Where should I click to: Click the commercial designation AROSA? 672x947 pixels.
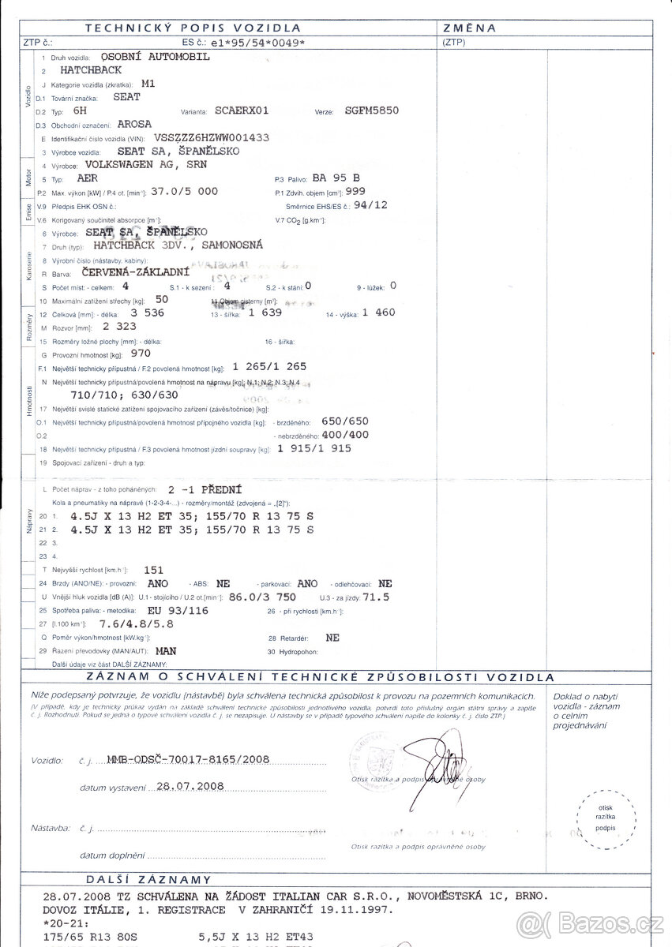(135, 124)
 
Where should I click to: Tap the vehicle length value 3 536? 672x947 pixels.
(149, 313)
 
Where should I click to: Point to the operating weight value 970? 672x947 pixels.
(140, 354)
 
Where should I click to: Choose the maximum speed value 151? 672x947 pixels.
(155, 569)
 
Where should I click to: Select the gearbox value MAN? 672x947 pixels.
(167, 651)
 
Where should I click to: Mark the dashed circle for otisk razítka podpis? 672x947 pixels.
(605, 818)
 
